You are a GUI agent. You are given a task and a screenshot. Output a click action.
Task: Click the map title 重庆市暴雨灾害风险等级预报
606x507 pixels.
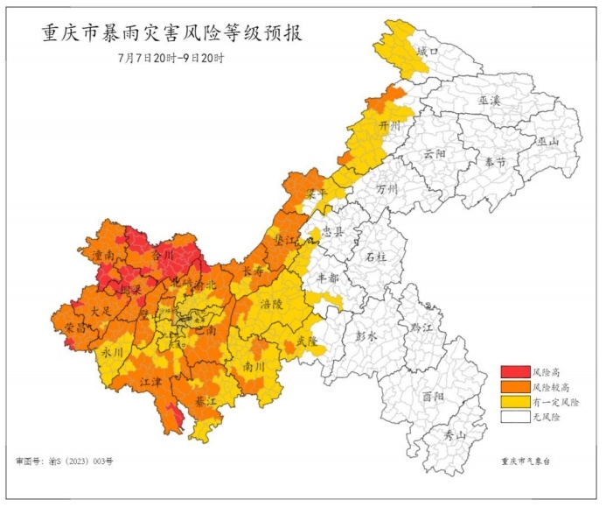tap(171, 33)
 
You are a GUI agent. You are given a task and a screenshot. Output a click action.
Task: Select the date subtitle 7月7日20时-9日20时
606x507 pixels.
tap(171, 59)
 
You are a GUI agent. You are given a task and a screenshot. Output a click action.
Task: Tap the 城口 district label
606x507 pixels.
tap(426, 52)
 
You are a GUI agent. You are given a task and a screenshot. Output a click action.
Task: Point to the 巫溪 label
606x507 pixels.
tap(489, 101)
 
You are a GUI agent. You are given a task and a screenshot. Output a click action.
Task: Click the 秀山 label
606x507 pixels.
tap(453, 435)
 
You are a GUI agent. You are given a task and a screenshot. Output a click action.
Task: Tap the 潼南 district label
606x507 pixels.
tap(106, 256)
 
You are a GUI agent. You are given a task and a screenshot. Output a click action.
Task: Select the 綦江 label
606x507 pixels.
tap(205, 400)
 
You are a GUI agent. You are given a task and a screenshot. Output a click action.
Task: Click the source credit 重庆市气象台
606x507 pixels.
tap(527, 460)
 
